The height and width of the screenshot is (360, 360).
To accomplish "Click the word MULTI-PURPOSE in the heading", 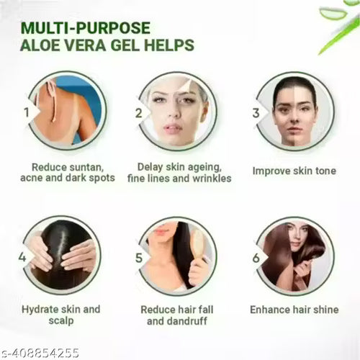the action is coord(86,28).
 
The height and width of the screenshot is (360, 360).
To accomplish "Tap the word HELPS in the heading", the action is coord(169,45).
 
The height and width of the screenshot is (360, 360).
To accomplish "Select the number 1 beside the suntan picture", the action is coord(27,112).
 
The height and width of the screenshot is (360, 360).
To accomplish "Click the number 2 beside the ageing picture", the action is coord(139,113).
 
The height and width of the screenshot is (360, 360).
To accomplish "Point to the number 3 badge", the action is coord(256,113).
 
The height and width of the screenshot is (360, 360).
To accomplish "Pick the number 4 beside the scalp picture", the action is coord(22,257).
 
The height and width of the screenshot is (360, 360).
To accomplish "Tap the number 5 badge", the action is coord(139,258).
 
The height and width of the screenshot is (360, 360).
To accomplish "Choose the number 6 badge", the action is coord(256,258).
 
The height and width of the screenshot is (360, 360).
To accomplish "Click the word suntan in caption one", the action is coord(86,168).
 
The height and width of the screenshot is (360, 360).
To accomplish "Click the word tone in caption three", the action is coord(325,171).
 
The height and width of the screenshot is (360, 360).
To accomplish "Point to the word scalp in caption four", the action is coord(61,320).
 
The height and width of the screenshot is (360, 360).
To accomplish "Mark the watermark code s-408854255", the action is coord(40,353).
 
